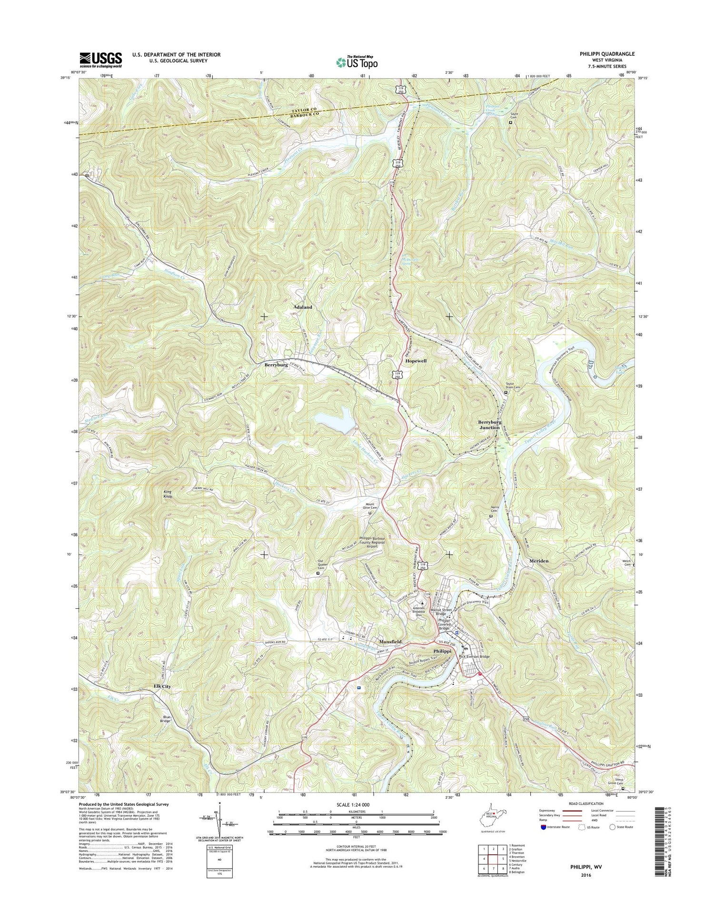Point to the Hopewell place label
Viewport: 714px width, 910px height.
click(x=416, y=361)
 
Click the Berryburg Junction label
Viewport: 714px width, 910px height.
click(x=489, y=425)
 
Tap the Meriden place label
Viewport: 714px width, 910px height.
click(x=539, y=561)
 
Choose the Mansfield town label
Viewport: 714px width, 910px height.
click(x=389, y=642)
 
